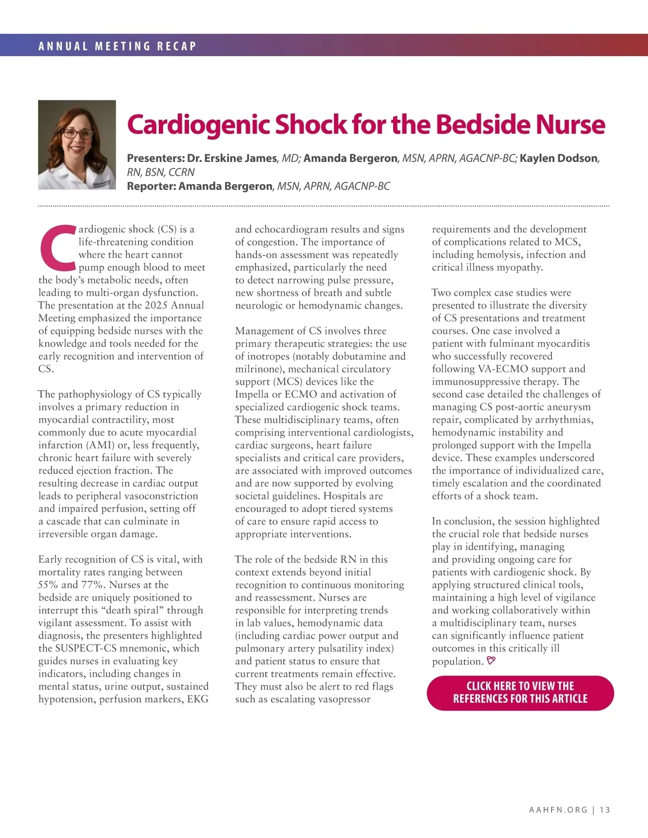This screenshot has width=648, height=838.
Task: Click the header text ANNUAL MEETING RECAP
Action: (x=117, y=46)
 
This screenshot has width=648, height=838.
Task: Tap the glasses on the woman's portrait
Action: (x=77, y=133)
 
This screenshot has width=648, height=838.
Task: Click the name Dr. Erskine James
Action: (x=232, y=158)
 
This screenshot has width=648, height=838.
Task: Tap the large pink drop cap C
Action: (x=58, y=248)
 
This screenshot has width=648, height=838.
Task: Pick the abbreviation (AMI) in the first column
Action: (x=98, y=445)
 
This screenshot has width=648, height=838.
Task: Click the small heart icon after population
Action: (x=491, y=660)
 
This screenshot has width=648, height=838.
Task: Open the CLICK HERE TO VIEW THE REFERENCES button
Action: (x=520, y=692)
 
